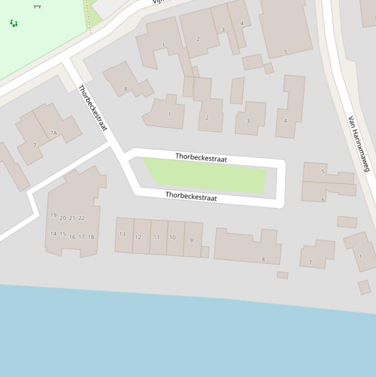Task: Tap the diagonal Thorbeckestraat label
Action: pos(92,108)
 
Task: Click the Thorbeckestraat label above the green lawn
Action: pos(201,157)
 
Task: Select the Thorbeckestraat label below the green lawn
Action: pos(191,196)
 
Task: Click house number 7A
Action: pos(53,133)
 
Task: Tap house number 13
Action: pos(122,234)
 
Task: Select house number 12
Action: pos(138,237)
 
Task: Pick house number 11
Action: pos(156,237)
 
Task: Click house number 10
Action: pos(172,237)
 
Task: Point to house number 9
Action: pos(191,240)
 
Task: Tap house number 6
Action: pos(323,199)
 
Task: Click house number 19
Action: pos(53,215)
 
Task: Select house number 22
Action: pos(81,218)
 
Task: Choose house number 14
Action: pos(53,234)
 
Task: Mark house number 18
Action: pos(90,237)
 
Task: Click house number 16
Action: pos(72,237)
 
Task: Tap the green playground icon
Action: pos(14,23)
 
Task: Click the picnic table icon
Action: pos(37,6)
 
